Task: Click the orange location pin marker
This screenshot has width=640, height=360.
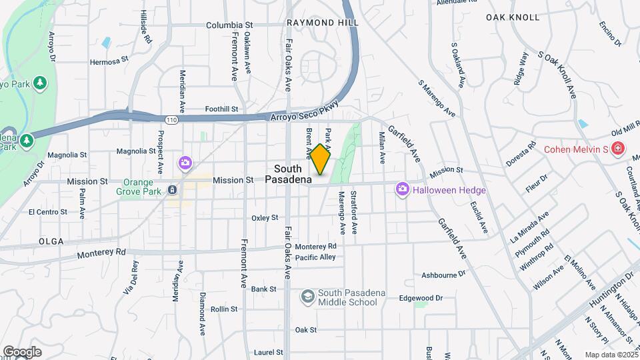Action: pos(321,160)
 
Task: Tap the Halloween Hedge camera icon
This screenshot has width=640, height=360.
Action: pos(402,190)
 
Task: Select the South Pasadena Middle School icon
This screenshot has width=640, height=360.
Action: pos(308,295)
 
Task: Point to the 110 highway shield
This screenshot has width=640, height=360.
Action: pos(172,120)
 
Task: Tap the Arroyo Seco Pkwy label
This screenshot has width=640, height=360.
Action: pos(305,111)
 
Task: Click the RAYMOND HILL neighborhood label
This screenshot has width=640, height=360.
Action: pos(323,23)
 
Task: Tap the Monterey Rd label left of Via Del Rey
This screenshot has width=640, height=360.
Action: pos(101,254)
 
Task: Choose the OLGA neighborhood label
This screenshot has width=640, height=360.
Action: pos(51,241)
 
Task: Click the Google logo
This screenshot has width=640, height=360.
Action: pos(22,351)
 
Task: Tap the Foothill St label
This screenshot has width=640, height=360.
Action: pos(222,109)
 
